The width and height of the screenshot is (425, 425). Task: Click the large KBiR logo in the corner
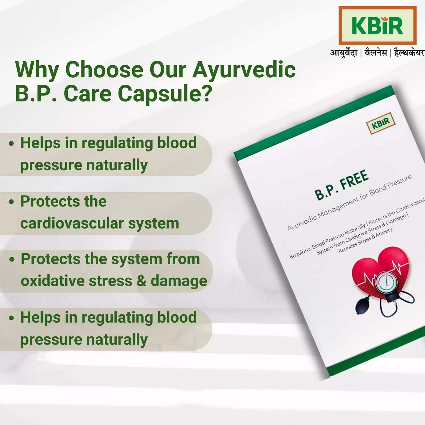(x=377, y=26)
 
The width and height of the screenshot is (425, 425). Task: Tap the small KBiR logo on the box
(x=381, y=123)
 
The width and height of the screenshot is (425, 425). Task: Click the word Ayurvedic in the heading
(x=244, y=70)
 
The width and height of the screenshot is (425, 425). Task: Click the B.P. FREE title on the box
(x=341, y=185)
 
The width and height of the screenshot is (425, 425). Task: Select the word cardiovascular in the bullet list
(x=72, y=223)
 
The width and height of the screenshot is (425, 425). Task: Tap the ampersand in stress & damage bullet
(x=141, y=281)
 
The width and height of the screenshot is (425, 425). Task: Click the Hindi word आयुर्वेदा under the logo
(x=344, y=53)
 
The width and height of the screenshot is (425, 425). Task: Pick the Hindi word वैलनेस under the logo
(x=375, y=53)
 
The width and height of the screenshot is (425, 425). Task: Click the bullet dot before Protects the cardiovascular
(x=11, y=202)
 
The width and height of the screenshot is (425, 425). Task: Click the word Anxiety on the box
(x=384, y=233)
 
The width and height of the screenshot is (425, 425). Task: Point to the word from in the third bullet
(x=183, y=259)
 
